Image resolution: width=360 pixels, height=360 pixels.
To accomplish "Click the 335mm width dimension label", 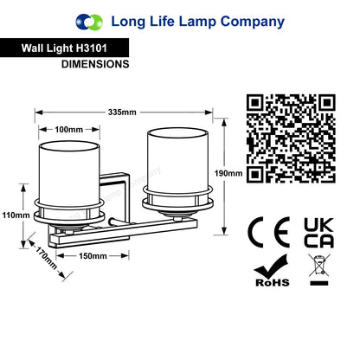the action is point(122,112).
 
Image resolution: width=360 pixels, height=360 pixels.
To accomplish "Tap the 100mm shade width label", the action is point(69,130).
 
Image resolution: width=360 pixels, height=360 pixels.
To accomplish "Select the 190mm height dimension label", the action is point(228,173).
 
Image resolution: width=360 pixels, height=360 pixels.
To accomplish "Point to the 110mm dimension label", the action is point(16,215).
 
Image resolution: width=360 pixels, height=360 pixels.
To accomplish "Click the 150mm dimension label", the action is point(93,256).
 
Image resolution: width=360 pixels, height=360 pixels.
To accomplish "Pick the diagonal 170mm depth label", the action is point(46,258).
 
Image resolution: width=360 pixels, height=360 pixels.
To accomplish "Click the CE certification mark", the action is point(269,232).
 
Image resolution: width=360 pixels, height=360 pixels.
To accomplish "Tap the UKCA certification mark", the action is point(319,233).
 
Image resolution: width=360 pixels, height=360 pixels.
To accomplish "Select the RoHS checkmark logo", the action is point(272,271).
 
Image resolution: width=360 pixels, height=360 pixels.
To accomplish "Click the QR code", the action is point(291,138).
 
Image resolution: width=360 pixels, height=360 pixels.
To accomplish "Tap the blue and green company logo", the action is point(89,22).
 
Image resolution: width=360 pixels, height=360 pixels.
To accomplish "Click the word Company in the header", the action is point(253,22).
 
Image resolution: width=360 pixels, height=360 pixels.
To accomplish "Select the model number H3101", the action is point(92,48).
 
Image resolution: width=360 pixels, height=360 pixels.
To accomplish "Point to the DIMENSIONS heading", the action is point(95,64).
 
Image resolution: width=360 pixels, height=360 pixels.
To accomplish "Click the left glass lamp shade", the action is point(69,173).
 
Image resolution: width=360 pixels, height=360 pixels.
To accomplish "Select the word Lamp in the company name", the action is point(197,22).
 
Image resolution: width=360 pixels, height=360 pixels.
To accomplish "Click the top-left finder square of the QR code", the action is point(255,103).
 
